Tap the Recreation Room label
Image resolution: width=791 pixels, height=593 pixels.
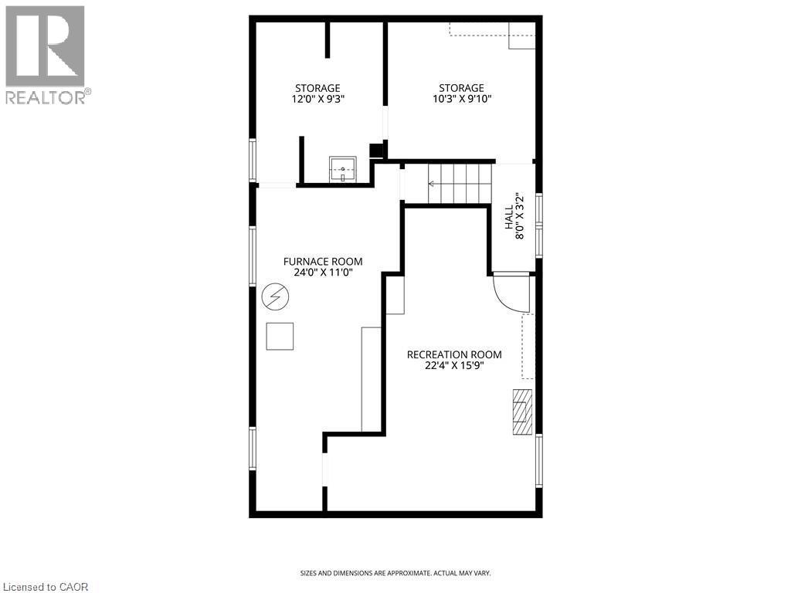click(x=454, y=354)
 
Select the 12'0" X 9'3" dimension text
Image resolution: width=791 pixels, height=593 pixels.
click(x=317, y=99)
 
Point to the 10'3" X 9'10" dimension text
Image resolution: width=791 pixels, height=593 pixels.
click(x=462, y=99)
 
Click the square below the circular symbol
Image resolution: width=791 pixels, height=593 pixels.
click(x=280, y=336)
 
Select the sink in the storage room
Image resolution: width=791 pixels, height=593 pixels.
click(x=343, y=168)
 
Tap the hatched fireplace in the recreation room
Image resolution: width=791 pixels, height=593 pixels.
click(x=523, y=412)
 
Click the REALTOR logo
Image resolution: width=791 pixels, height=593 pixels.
click(x=46, y=54)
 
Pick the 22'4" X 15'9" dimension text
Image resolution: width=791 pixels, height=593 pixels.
click(x=454, y=366)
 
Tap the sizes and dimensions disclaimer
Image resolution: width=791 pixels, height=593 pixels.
click(x=395, y=573)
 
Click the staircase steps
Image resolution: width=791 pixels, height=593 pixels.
click(x=460, y=184)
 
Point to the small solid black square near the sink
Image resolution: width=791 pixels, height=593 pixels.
click(x=377, y=151)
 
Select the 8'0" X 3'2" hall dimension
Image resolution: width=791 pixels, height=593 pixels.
click(x=519, y=216)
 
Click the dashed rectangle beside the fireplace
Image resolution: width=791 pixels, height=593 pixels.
click(x=528, y=346)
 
